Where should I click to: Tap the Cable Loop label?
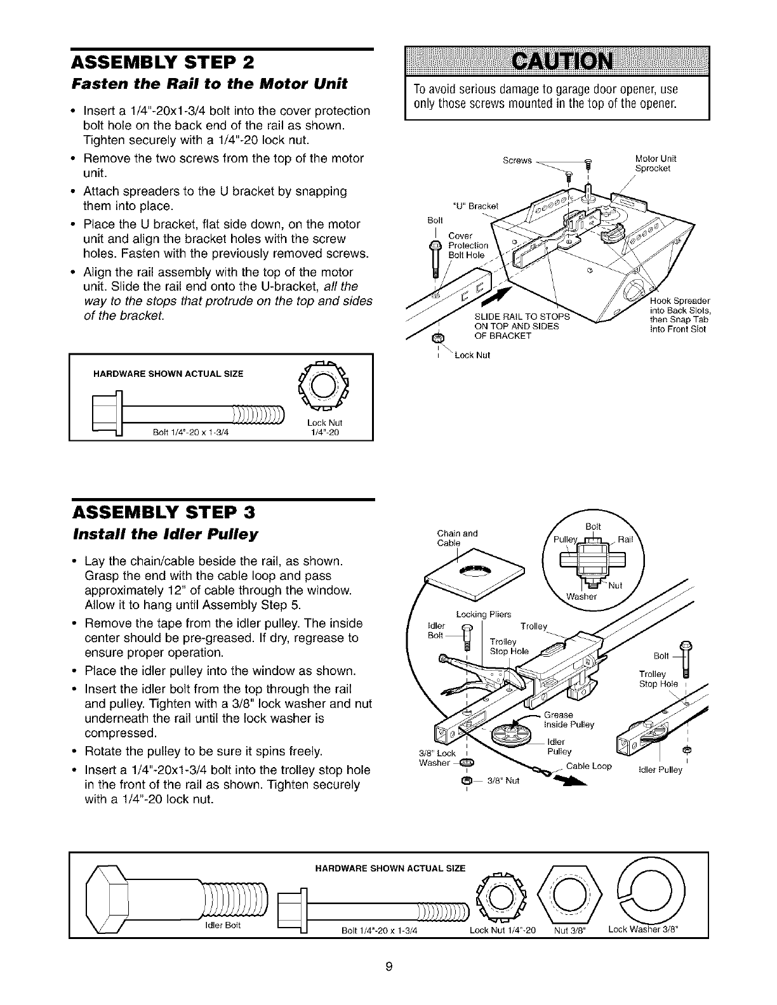pos(588,766)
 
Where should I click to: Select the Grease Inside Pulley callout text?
pos(568,720)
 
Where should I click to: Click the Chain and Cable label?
pos(457,538)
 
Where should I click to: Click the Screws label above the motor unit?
pos(516,161)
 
